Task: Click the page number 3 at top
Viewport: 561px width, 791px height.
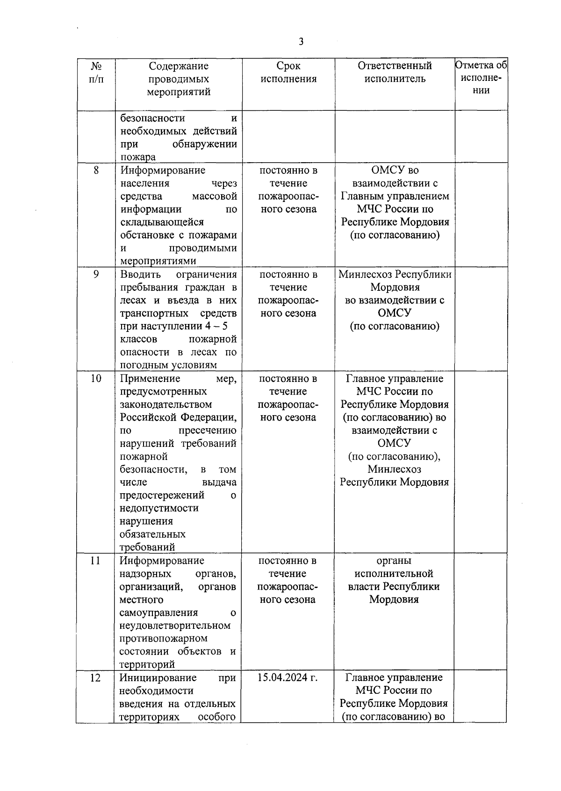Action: (x=301, y=42)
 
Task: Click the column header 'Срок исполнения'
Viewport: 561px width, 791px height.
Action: (x=288, y=72)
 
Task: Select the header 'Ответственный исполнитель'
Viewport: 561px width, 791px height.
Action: (x=395, y=72)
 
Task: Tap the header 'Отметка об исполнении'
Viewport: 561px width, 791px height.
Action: (x=481, y=78)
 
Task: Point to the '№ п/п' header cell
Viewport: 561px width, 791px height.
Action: (x=96, y=72)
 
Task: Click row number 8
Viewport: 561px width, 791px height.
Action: (x=96, y=170)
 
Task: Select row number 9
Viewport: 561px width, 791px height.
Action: (x=96, y=274)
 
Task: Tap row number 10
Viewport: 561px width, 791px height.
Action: (x=96, y=379)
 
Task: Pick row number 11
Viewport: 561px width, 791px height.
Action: (x=95, y=561)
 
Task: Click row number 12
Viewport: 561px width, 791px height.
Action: (x=95, y=678)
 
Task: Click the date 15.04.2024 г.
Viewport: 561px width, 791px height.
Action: (x=288, y=678)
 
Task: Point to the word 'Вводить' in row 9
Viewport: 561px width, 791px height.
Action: (x=141, y=274)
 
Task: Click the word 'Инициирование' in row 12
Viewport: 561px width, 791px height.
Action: (x=152, y=678)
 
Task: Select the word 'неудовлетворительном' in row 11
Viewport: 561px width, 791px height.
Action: (x=175, y=626)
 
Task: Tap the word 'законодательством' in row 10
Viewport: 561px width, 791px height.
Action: (x=166, y=404)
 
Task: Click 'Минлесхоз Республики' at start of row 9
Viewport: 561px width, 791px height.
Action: (x=395, y=274)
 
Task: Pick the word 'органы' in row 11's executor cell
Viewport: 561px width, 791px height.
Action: (x=394, y=561)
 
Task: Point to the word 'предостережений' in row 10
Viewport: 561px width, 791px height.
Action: (x=162, y=495)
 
